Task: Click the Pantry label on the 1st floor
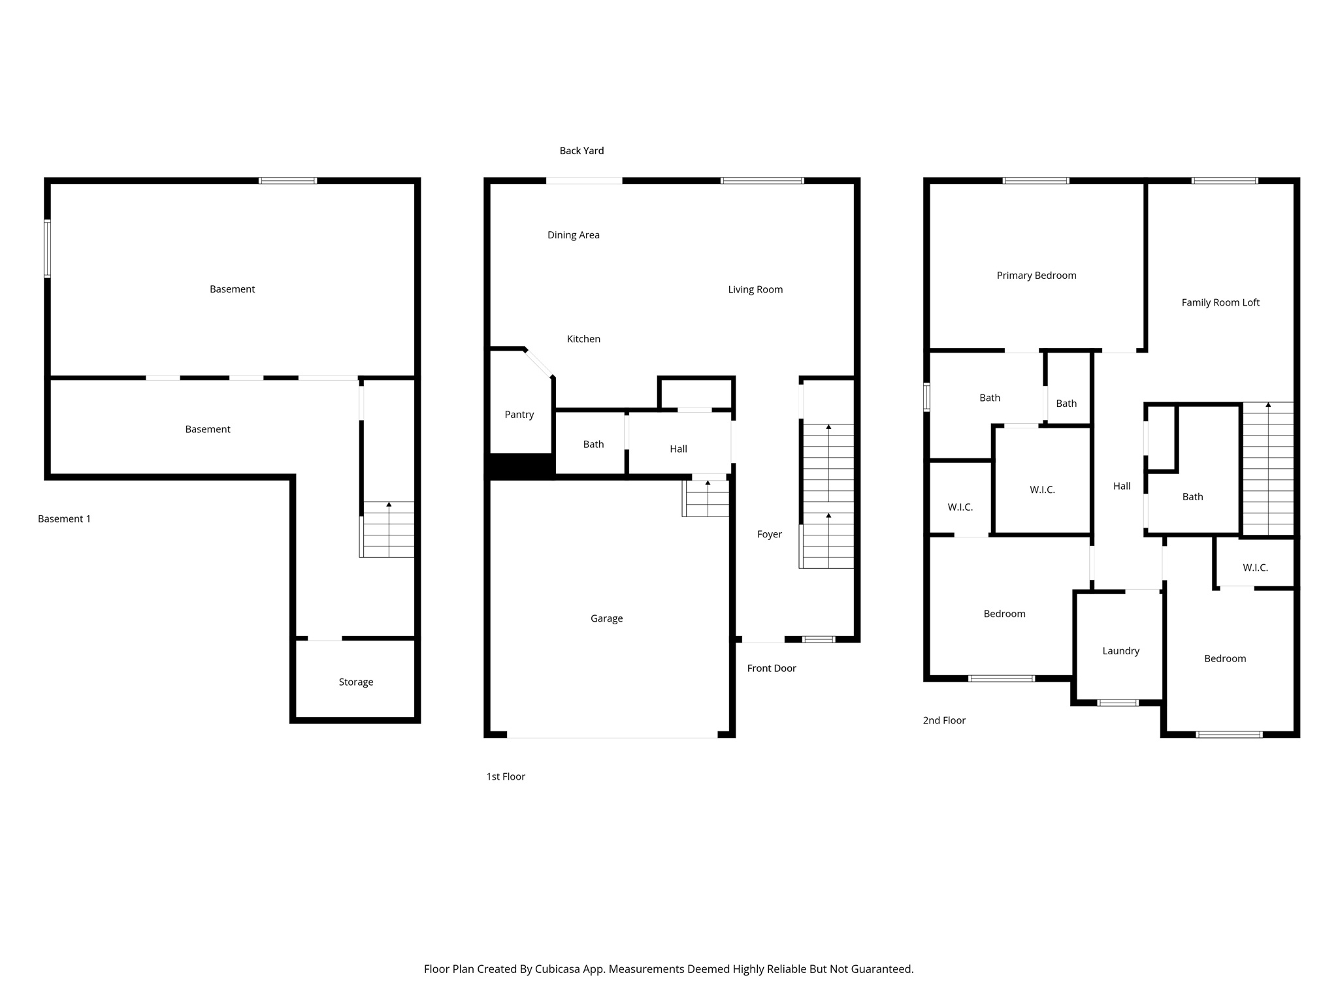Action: click(x=519, y=415)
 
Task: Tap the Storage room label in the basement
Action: click(x=355, y=682)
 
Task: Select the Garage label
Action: click(x=606, y=618)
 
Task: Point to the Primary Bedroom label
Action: click(x=1036, y=276)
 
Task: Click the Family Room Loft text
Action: click(x=1220, y=302)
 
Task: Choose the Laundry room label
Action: click(x=1120, y=651)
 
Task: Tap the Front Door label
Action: click(x=771, y=668)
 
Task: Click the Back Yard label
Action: click(x=581, y=151)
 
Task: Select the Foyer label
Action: click(x=769, y=534)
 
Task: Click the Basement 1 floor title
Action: click(x=64, y=519)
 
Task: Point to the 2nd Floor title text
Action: click(x=943, y=720)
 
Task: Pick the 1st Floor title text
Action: click(x=505, y=776)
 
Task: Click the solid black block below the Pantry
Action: click(x=520, y=466)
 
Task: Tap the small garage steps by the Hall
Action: click(x=706, y=499)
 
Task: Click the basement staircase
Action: click(x=387, y=530)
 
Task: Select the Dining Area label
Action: click(x=573, y=235)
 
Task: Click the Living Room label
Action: click(x=755, y=289)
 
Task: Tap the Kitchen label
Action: click(x=583, y=339)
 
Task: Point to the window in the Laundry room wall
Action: click(x=1118, y=703)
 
